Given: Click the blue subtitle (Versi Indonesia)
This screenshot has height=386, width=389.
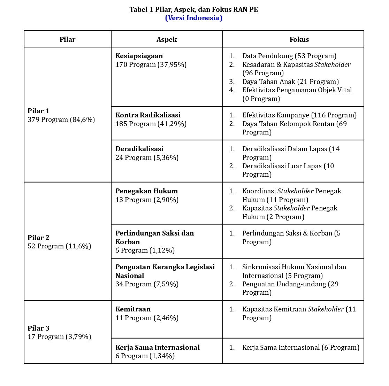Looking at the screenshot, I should coord(193,18).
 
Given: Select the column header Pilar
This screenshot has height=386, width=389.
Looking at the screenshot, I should coord(67,39).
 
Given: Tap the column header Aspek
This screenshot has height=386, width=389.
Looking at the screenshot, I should coord(167,39).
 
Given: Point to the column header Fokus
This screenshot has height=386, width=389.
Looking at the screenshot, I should coord(299,39).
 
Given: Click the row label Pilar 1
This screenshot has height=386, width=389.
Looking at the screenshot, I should coord(38,111).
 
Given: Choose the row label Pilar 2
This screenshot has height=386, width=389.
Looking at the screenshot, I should coord(38,238).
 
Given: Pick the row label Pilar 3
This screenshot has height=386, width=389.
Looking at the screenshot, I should coord(38,328).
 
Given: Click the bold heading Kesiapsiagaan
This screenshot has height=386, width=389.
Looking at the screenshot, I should coord(139,56).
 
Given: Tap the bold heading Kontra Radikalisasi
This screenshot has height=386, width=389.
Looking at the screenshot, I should coord(148,115).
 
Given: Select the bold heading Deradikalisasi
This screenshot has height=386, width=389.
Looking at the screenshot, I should coord(139,149).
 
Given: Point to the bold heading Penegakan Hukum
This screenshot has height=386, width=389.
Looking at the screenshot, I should coord(147,191).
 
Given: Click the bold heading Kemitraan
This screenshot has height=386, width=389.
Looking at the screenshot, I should coord(133,309).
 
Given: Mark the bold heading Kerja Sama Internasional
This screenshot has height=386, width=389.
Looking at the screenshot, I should coord(158,347).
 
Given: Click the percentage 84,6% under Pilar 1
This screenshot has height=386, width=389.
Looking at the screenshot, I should coord(83,119).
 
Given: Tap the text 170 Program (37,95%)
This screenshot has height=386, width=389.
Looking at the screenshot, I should coord(151,64).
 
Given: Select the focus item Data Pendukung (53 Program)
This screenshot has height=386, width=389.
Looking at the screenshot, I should coord(289,56).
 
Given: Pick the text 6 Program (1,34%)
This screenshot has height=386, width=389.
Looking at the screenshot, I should coord(145,356).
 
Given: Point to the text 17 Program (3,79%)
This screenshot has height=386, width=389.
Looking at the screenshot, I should coord(59,337).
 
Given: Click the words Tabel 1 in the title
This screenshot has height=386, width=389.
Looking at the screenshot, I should coord(141,9).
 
